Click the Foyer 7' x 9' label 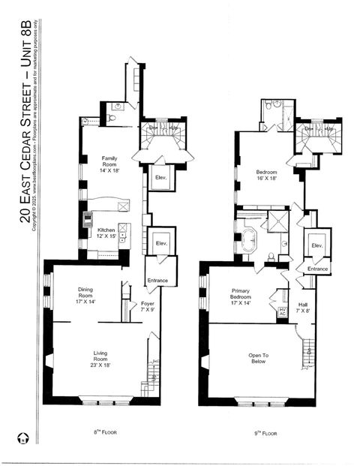tap(148, 306)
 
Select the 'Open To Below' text tap(259, 359)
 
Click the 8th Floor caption tap(105, 433)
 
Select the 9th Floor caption tap(265, 433)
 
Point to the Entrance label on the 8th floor tap(157, 281)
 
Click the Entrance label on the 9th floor tap(317, 269)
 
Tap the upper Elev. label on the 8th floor tap(160, 178)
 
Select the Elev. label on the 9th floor tap(317, 245)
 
